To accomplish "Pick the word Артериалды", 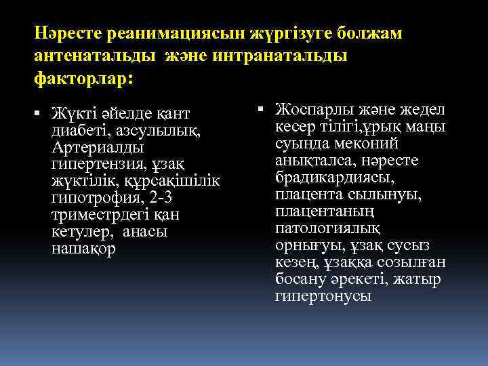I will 96,146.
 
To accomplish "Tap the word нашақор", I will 83,249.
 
